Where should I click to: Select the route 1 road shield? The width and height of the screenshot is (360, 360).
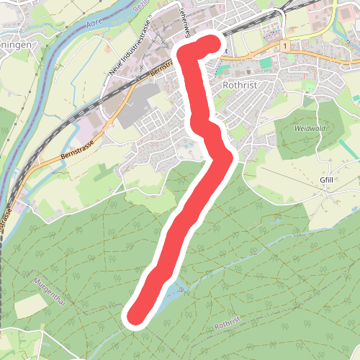point(286,45)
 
